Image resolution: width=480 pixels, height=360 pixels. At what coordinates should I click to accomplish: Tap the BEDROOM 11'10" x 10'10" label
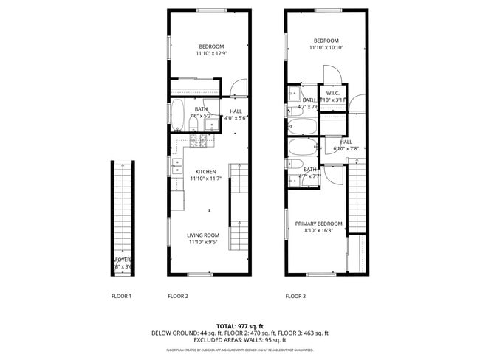[326, 41]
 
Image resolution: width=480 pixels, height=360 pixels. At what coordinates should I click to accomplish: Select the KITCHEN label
[205, 172]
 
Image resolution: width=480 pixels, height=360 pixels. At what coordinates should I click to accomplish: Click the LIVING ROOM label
[203, 235]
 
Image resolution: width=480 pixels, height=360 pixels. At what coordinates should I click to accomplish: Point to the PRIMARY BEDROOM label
[319, 224]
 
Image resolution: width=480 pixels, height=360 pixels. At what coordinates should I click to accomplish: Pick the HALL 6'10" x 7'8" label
[346, 142]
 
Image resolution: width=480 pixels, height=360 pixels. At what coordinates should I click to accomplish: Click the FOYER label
[122, 260]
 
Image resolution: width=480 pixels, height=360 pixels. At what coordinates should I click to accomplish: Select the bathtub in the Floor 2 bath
[179, 116]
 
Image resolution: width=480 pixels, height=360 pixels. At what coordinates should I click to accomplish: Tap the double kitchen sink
[177, 167]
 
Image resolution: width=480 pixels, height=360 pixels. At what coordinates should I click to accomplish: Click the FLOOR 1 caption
[121, 297]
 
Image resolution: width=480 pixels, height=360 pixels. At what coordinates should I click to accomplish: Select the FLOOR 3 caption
[296, 297]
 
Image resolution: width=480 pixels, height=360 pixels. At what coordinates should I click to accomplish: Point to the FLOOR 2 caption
[178, 297]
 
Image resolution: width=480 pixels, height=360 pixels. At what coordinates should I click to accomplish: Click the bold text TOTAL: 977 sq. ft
[239, 325]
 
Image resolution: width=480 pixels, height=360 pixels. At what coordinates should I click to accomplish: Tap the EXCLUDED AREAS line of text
[239, 340]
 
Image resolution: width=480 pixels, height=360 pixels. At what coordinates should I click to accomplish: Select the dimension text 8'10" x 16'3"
[319, 230]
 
